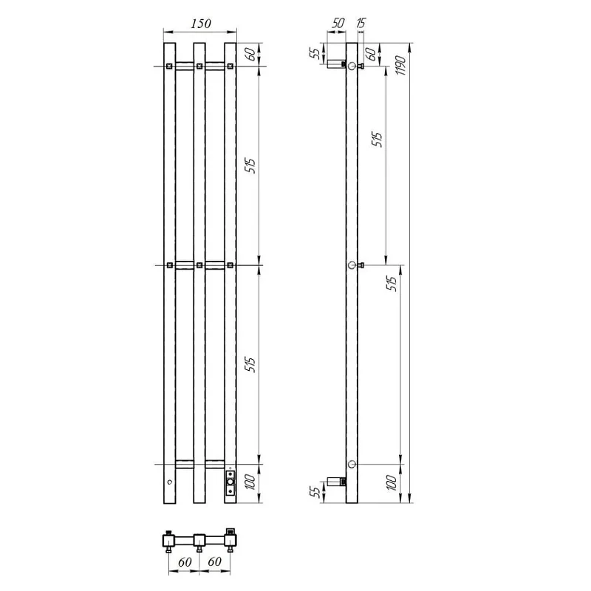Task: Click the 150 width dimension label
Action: [x=200, y=24]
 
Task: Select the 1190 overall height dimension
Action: [x=401, y=65]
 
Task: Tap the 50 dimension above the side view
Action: [x=338, y=23]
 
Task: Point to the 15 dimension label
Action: [x=361, y=23]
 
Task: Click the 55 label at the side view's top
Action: [x=315, y=52]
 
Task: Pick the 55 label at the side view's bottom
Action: [x=315, y=491]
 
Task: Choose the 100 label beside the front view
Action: [x=250, y=482]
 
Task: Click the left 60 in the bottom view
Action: [x=185, y=562]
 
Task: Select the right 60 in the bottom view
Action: [x=214, y=561]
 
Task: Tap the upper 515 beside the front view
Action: [x=250, y=165]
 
